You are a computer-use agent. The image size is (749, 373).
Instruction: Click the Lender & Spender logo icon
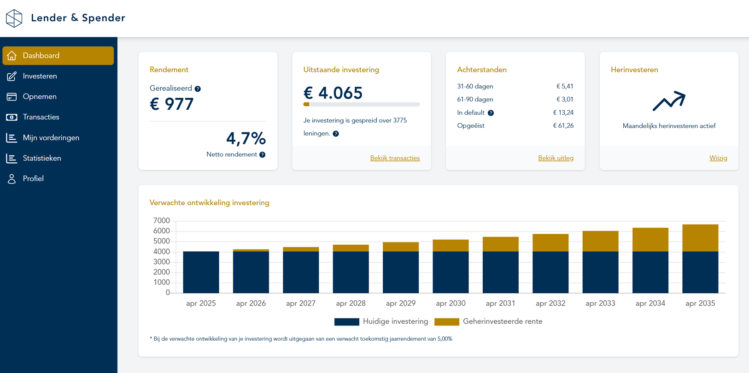tap(14, 18)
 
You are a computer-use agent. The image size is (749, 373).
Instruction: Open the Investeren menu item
tap(40, 76)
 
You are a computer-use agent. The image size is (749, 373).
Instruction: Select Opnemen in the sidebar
tap(40, 96)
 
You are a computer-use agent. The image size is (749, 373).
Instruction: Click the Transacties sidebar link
tap(41, 117)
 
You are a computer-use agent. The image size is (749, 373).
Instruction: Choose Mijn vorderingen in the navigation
tap(51, 137)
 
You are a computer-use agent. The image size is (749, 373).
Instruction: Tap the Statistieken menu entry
tap(42, 158)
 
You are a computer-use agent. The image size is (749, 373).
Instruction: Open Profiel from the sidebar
tap(33, 178)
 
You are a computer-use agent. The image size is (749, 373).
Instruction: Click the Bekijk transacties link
tap(395, 158)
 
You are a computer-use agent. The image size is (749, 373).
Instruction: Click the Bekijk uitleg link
tap(556, 158)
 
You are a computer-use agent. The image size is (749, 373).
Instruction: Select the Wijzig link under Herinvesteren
tap(718, 158)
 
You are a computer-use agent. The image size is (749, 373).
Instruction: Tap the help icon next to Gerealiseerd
tap(198, 89)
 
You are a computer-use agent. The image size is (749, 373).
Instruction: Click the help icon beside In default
tap(491, 113)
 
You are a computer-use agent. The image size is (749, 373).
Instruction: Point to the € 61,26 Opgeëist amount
tap(563, 125)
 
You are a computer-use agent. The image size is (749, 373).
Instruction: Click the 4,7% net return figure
tap(246, 139)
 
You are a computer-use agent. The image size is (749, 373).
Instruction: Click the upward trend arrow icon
tap(669, 101)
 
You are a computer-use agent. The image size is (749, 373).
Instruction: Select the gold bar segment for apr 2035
tap(700, 238)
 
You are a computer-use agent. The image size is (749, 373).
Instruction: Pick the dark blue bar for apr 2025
tap(201, 272)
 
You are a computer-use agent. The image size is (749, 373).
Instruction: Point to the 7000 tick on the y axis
tap(162, 221)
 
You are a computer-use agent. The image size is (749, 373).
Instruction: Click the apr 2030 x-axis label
tap(451, 303)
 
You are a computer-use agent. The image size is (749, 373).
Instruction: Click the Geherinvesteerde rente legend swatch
tap(447, 322)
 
